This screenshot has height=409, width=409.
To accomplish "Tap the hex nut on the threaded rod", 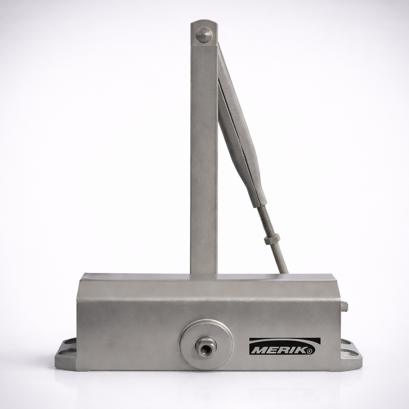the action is pos(272,239).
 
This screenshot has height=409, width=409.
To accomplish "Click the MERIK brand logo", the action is pos(285,347).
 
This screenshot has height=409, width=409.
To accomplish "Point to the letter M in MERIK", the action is pos(258,349).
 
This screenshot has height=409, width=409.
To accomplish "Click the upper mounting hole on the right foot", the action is pos(345,342).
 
